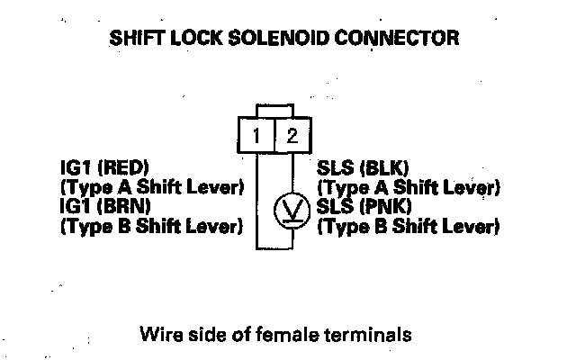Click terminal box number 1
click(x=256, y=138)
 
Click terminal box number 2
click(x=290, y=138)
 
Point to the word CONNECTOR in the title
click(x=409, y=39)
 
